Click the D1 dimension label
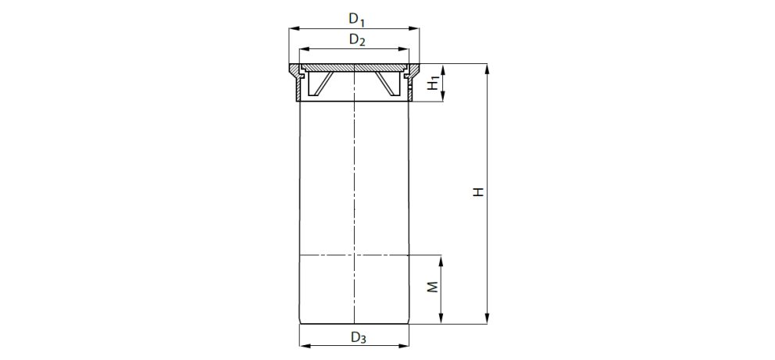(x=357, y=18)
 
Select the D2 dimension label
(x=357, y=40)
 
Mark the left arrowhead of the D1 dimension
(x=292, y=28)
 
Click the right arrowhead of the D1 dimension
(x=416, y=28)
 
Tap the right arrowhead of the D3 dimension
(x=406, y=344)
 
